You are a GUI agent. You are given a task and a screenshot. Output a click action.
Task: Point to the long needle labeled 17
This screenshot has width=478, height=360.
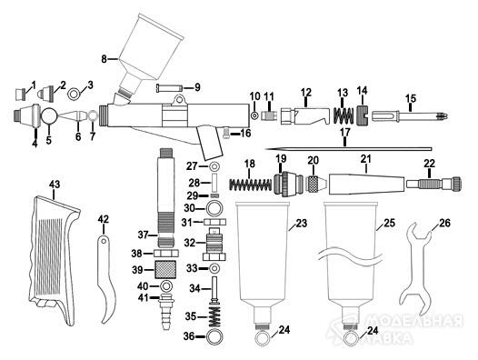[x=348, y=149]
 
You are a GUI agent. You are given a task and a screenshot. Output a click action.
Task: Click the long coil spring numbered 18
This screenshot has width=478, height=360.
[x=250, y=185]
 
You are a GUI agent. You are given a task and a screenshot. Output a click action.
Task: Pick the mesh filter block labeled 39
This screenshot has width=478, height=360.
[x=165, y=269]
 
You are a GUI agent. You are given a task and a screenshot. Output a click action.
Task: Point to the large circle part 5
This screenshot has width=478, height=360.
[x=49, y=115]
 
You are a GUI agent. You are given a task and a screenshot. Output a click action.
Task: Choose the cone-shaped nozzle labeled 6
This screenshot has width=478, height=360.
[x=74, y=116]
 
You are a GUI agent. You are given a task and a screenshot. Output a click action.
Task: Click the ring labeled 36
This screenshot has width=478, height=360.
[x=214, y=336]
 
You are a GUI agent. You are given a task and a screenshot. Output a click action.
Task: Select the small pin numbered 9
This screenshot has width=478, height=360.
[x=170, y=88]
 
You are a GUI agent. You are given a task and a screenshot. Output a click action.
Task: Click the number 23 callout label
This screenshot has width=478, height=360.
[x=301, y=224]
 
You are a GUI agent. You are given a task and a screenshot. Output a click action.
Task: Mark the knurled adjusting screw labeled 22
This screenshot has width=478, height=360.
[x=433, y=184]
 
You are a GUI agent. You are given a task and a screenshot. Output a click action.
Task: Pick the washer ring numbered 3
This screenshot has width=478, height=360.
[x=74, y=94]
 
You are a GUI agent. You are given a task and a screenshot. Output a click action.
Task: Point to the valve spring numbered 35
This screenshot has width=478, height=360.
[x=214, y=316]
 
